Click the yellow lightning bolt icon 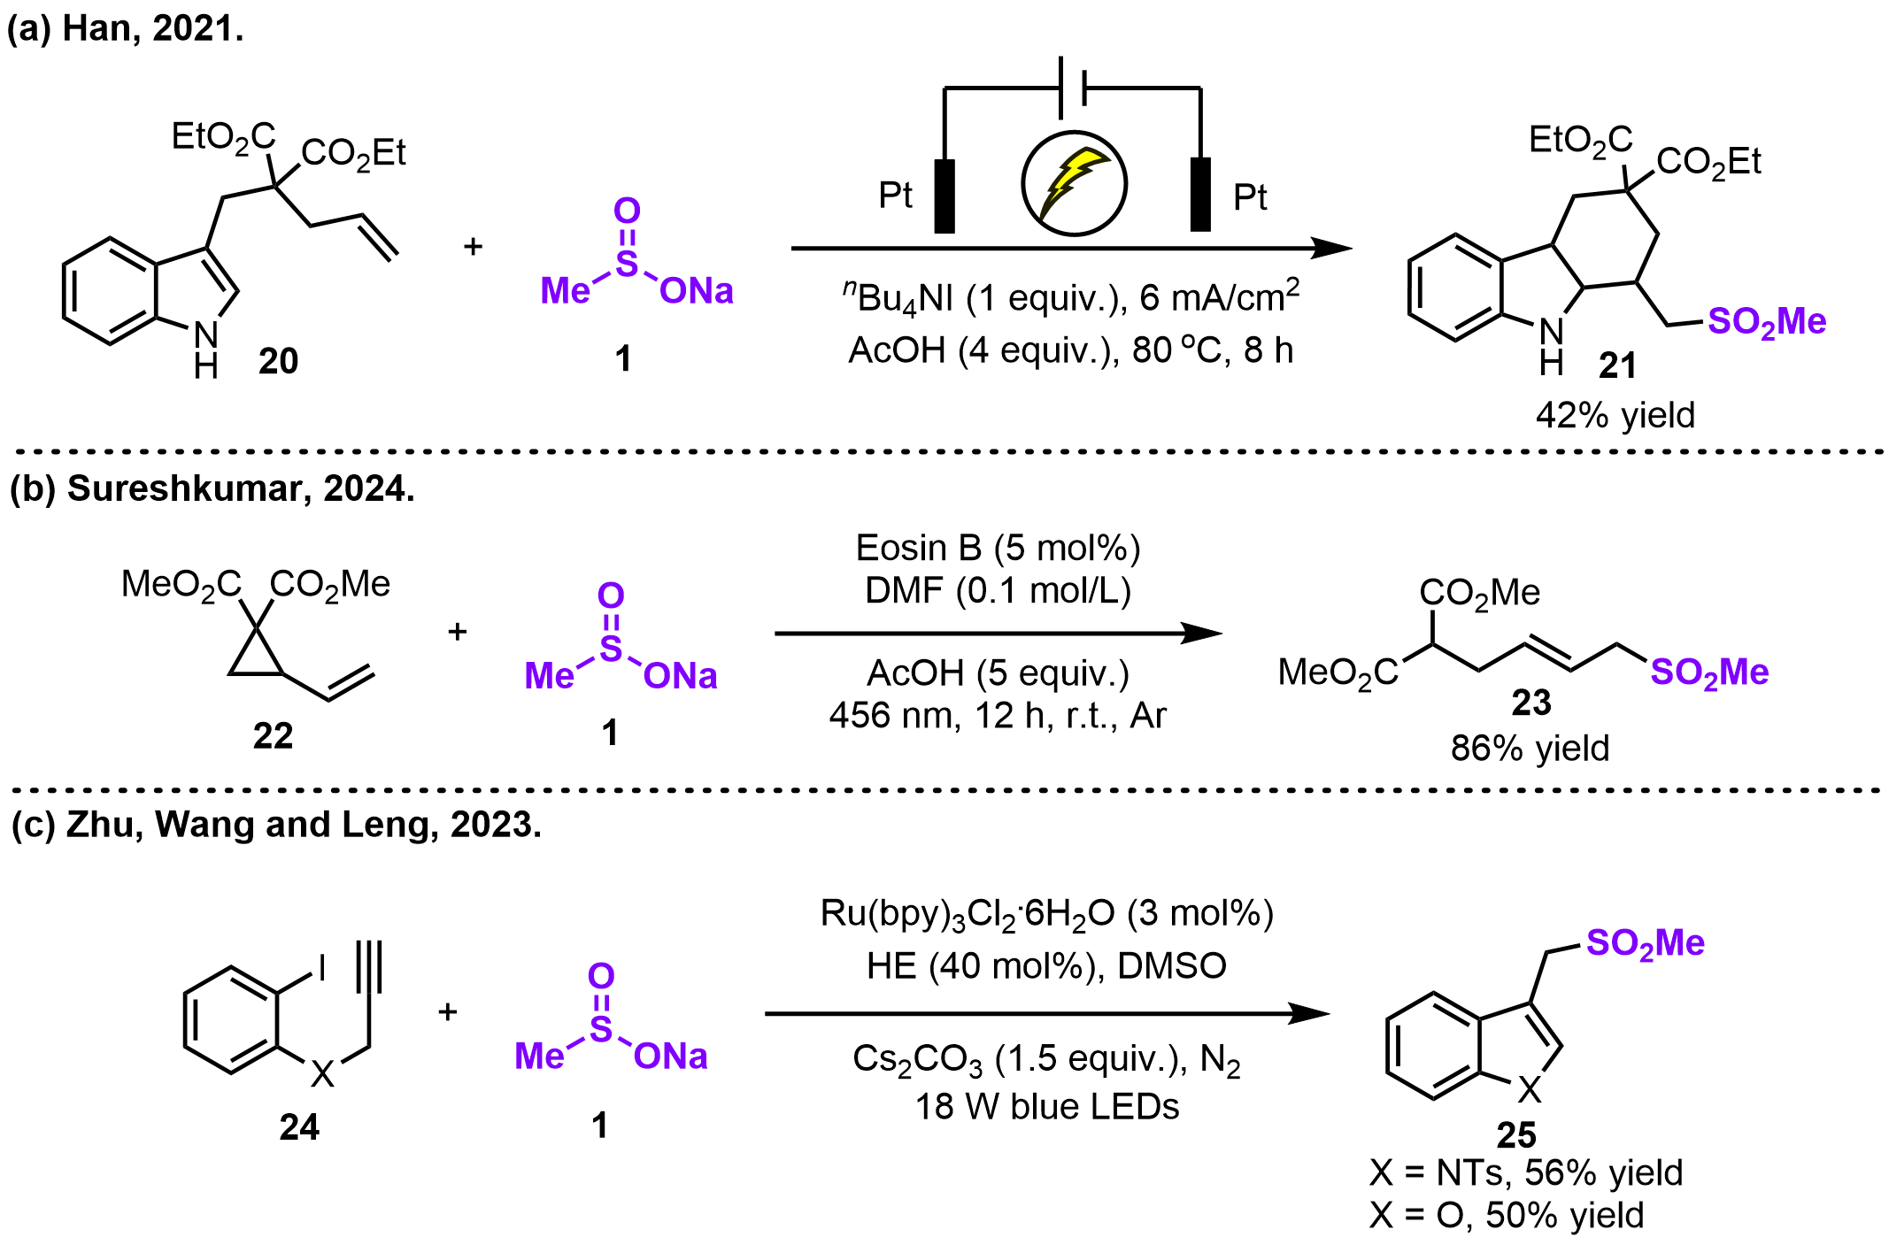click(1074, 183)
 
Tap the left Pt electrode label click(895, 196)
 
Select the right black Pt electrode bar click(1200, 195)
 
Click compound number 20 click(278, 361)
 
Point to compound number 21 click(1617, 365)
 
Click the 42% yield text click(1615, 415)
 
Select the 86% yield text click(1530, 749)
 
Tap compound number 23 click(1531, 703)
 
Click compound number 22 click(273, 735)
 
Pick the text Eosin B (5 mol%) click(998, 549)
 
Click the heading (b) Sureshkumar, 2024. click(212, 488)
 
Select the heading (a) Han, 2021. click(125, 29)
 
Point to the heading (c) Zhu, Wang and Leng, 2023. click(276, 825)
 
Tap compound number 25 click(1516, 1134)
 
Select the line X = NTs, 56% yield click(1525, 1173)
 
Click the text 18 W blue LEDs click(1046, 1107)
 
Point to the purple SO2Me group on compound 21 click(1766, 322)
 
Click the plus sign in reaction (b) click(457, 632)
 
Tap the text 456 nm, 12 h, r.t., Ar click(998, 715)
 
